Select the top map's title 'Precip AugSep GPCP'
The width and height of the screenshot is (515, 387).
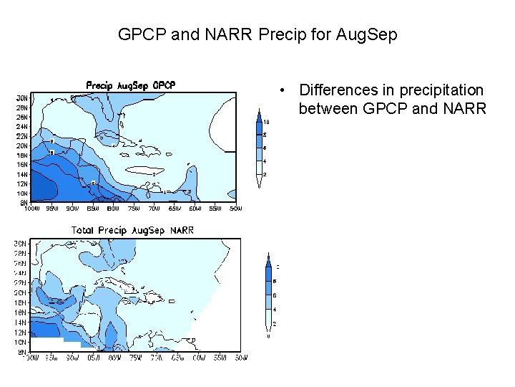pos(131,85)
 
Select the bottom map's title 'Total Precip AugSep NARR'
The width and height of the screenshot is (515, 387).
pos(132,230)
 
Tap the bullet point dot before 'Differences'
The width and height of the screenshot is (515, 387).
pos(285,90)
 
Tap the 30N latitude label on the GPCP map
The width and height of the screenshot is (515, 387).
pos(22,98)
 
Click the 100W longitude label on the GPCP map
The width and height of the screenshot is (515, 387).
pos(31,209)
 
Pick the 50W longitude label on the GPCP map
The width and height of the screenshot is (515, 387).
pos(235,209)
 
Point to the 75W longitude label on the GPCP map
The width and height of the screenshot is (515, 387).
pos(134,209)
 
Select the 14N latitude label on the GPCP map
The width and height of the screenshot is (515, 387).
pos(22,174)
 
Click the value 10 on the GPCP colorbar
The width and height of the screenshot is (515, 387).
pos(266,121)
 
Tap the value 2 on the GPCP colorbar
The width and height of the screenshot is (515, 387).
pos(265,174)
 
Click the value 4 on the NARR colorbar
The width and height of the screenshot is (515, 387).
pos(275,309)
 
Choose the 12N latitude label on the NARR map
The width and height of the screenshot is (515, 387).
pos(22,333)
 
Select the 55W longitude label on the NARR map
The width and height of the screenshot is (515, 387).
pos(220,357)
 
